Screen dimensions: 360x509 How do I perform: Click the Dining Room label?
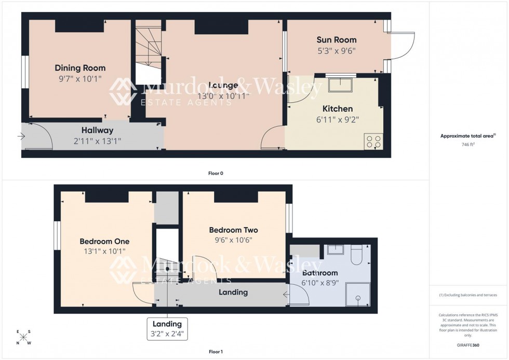80,68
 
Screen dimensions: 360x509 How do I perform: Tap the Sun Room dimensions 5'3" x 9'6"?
337,51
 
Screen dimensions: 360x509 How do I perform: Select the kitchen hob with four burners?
373,141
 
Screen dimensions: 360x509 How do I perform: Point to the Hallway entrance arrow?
21,137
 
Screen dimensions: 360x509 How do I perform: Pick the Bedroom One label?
104,241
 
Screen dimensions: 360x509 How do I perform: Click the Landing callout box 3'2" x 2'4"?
167,329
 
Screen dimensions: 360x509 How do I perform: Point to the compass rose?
23,337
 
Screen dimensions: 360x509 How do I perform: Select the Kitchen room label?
338,109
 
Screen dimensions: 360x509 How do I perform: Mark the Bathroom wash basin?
335,250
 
